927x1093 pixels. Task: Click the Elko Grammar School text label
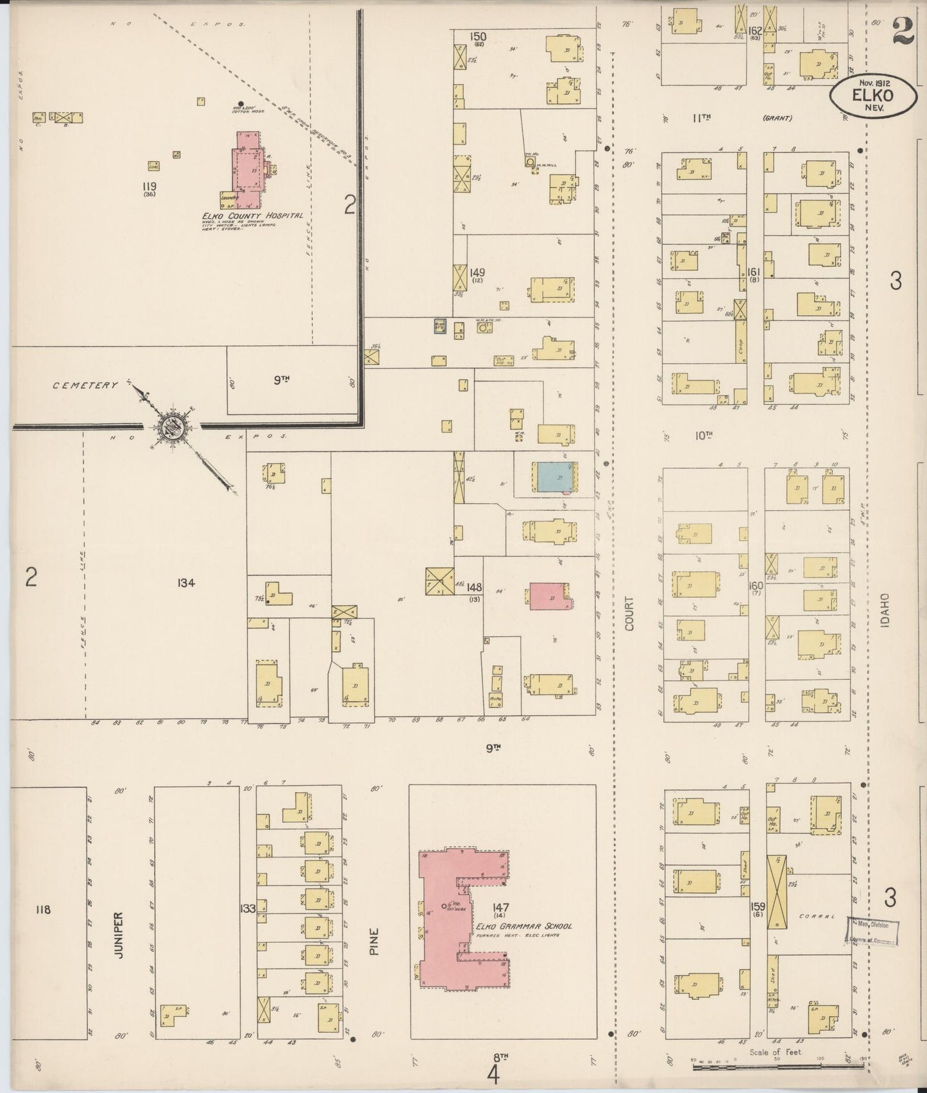pyautogui.click(x=524, y=926)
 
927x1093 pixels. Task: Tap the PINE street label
pyautogui.click(x=375, y=942)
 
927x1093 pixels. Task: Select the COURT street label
pyautogui.click(x=629, y=613)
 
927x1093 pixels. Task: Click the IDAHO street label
pyautogui.click(x=885, y=609)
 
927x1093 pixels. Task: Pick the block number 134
pyautogui.click(x=187, y=583)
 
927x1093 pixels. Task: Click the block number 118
pyautogui.click(x=43, y=910)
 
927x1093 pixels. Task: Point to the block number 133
pyautogui.click(x=248, y=908)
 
